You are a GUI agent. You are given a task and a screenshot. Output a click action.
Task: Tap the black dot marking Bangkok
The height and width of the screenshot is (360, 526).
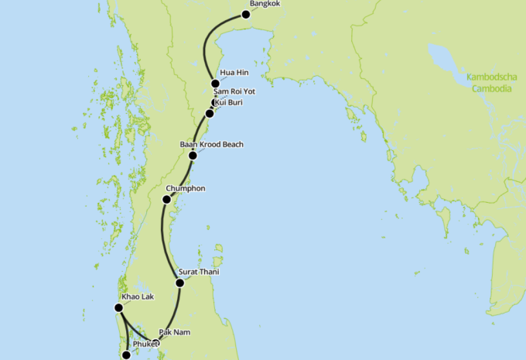(x=246, y=14)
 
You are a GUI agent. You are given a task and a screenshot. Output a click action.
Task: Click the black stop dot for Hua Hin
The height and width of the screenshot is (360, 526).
(x=215, y=84)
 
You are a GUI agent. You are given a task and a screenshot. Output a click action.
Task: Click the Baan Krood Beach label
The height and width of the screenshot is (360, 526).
(x=211, y=144)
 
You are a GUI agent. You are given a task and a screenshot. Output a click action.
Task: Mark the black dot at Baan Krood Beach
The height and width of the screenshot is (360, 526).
(x=193, y=155)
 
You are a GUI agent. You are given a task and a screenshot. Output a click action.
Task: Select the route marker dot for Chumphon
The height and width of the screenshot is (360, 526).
(x=166, y=200)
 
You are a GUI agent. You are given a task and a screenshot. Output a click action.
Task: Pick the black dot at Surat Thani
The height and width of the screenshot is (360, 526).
(x=180, y=283)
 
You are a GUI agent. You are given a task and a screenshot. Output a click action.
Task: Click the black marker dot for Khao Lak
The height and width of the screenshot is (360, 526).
(x=118, y=307)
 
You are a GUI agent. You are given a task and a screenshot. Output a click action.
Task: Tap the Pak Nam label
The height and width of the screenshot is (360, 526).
(x=174, y=332)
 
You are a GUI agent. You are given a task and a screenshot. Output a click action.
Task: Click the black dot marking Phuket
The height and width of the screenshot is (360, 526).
(x=127, y=355)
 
